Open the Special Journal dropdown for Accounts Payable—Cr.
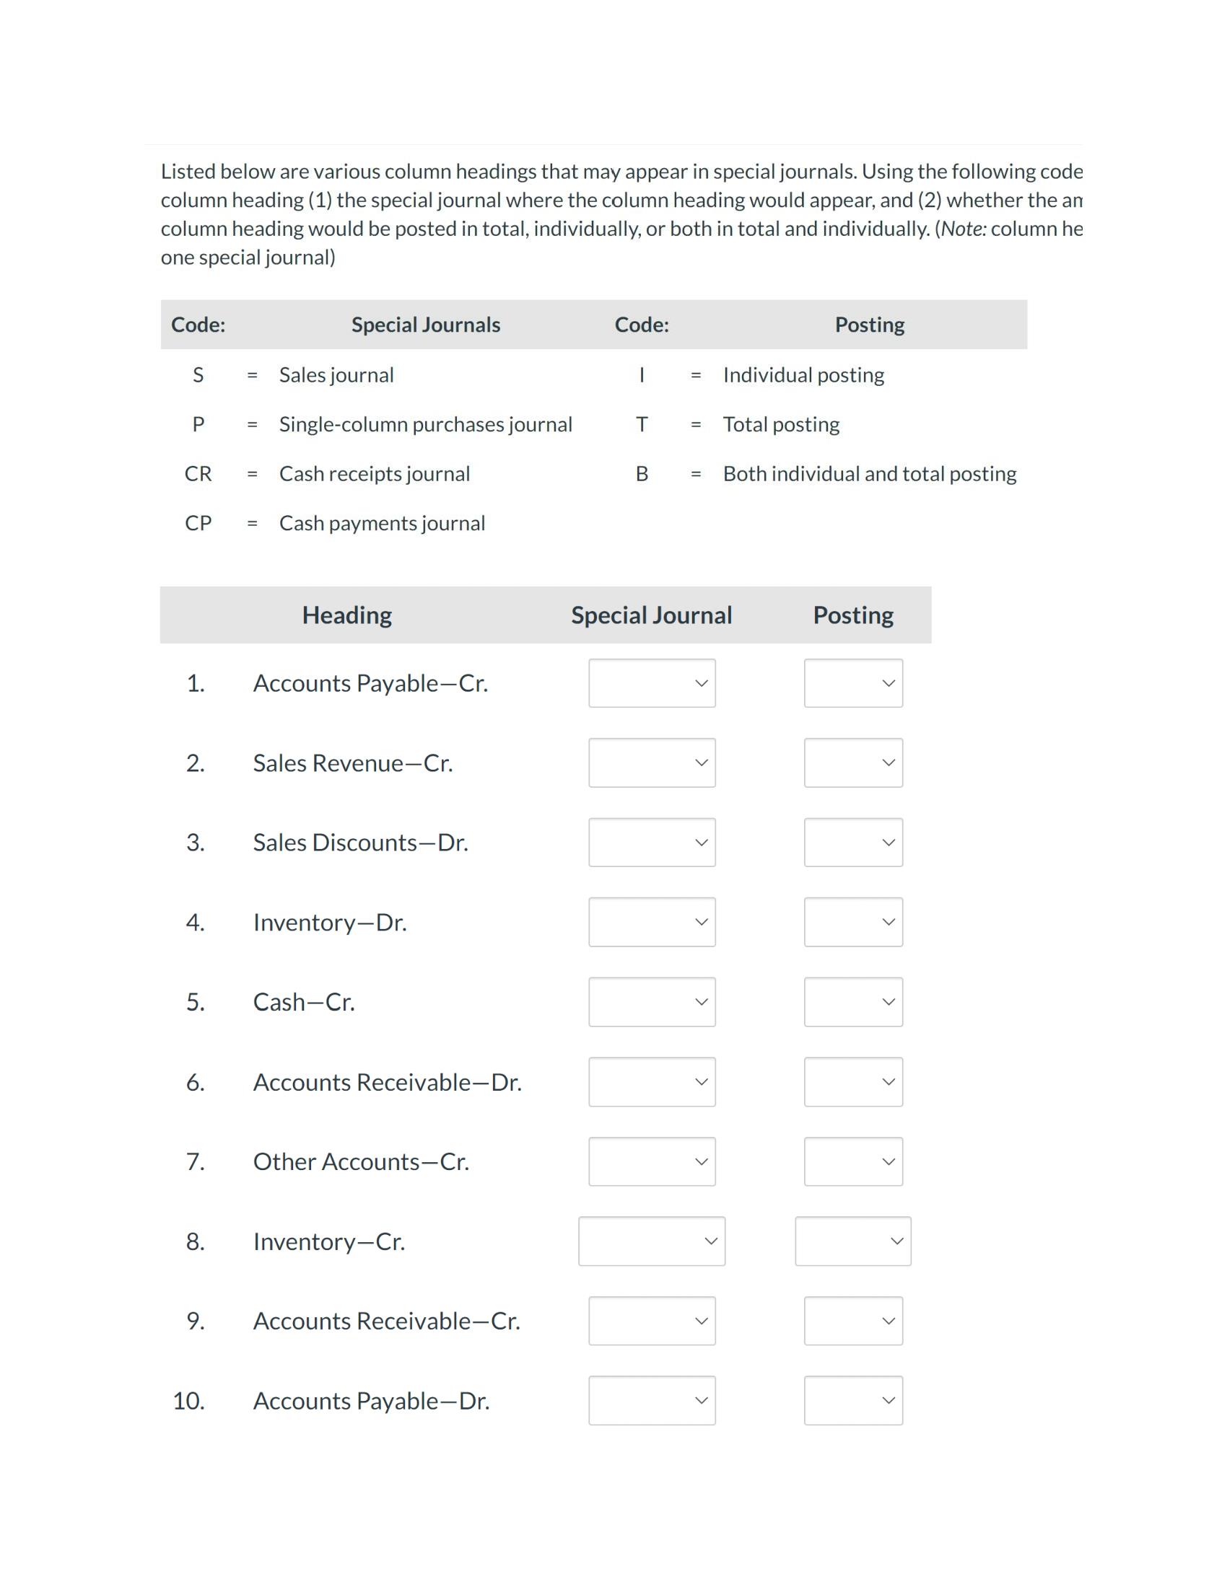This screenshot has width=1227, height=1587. pos(651,683)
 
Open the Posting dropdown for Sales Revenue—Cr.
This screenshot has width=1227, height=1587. pos(852,763)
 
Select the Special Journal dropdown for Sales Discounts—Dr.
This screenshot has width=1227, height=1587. pos(651,842)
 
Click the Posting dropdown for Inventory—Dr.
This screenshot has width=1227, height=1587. pos(852,922)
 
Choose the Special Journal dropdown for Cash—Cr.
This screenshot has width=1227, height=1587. pos(651,1002)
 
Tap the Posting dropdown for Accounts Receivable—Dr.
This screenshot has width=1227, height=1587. pos(852,1082)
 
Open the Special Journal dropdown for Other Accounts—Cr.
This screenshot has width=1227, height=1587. pos(651,1161)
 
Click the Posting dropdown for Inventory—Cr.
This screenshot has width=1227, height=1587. pos(852,1241)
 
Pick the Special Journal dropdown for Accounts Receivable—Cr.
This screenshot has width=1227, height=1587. pos(651,1321)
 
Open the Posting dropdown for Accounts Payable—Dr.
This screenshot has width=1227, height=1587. pos(852,1400)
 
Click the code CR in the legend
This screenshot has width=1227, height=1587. pos(198,474)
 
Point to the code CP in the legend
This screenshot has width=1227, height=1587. pos(198,523)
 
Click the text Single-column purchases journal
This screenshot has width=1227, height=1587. pos(425,424)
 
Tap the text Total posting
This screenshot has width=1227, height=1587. pos(781,424)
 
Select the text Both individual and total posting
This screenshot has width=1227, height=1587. pos(870,474)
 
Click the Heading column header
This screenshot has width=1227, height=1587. pos(346,615)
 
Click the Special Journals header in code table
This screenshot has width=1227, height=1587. pos(425,325)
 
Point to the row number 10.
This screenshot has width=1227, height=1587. pos(188,1401)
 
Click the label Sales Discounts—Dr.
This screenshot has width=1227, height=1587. pos(360,843)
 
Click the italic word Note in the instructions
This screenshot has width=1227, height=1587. pos(962,229)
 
